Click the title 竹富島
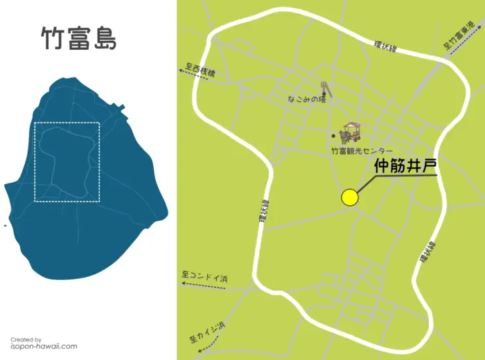tap(78, 39)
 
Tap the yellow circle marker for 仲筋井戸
tap(350, 197)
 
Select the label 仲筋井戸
tap(405, 166)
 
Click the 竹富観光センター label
tap(362, 151)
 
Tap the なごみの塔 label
tap(306, 100)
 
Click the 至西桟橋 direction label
tap(200, 70)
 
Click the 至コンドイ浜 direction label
tap(204, 276)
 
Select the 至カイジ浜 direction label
tap(207, 332)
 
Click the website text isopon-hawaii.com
tap(44, 346)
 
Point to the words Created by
tap(26, 339)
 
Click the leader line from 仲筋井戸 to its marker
tap(374, 181)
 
